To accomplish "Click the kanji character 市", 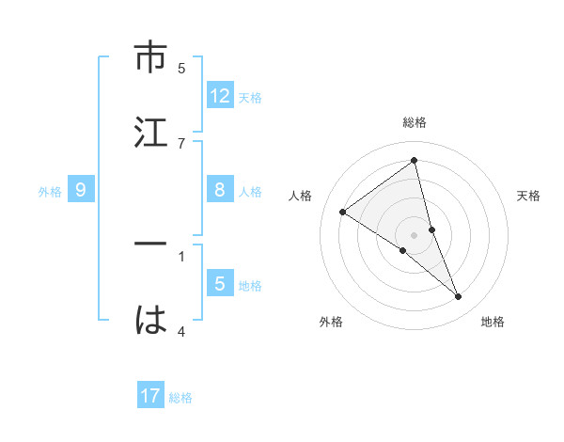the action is pyautogui.click(x=150, y=59).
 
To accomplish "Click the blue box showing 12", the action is pyautogui.click(x=220, y=96).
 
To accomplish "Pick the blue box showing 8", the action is pyautogui.click(x=220, y=190).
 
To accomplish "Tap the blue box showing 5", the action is pyautogui.click(x=220, y=284).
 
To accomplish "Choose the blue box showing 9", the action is pyautogui.click(x=81, y=190).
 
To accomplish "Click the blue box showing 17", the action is pyautogui.click(x=150, y=396).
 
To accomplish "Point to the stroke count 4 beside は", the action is pyautogui.click(x=181, y=331).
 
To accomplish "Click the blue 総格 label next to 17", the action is pyautogui.click(x=180, y=398).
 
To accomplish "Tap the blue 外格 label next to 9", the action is pyautogui.click(x=50, y=192).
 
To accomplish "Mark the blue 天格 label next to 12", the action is pyautogui.click(x=250, y=98).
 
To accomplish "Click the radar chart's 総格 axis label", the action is pyautogui.click(x=415, y=122).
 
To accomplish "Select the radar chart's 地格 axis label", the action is pyautogui.click(x=493, y=322).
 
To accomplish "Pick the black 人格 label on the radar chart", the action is pyautogui.click(x=300, y=196).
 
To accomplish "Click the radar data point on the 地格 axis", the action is pyautogui.click(x=459, y=297).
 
